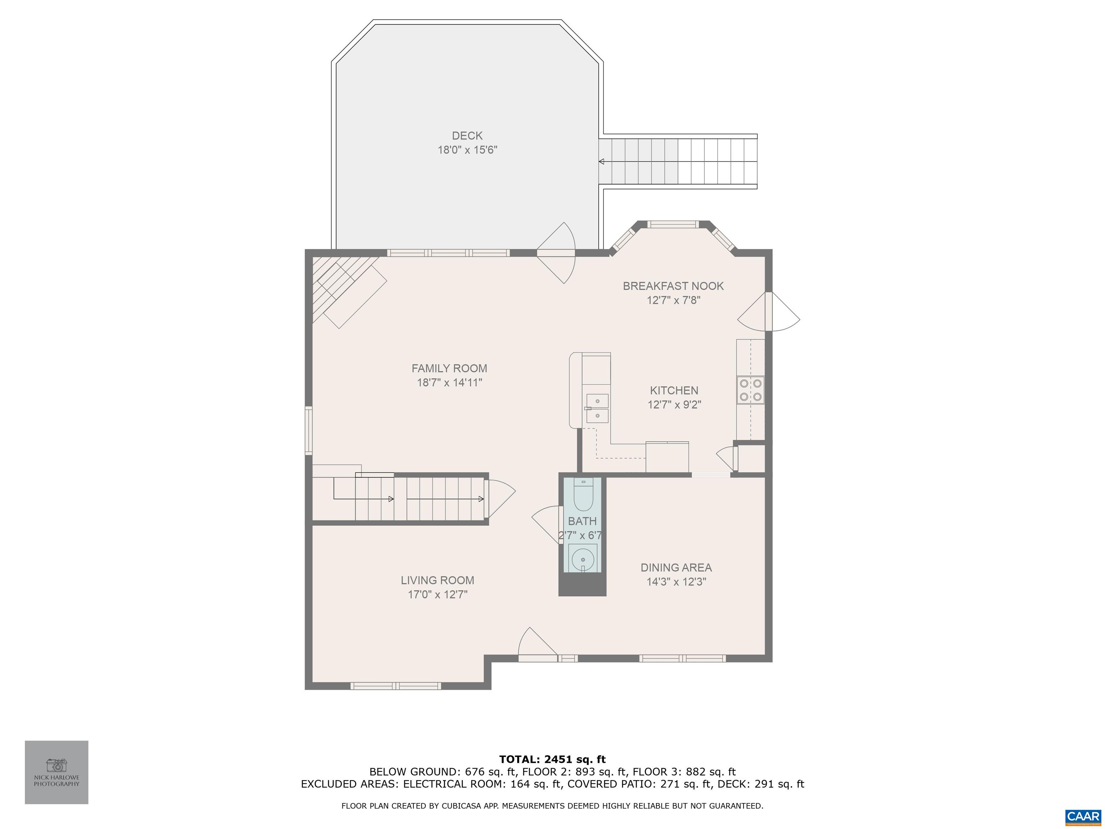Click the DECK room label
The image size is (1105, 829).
(x=467, y=135)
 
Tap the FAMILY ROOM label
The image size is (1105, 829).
(x=449, y=368)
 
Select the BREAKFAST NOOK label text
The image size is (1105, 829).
(x=673, y=286)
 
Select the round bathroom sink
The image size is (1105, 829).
(x=582, y=558)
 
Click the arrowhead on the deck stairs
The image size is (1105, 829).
(x=601, y=162)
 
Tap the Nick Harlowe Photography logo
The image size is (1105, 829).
(x=56, y=772)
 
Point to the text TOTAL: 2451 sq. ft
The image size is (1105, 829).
(x=552, y=760)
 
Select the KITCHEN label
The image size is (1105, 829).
(x=674, y=390)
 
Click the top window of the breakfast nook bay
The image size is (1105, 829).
(x=673, y=225)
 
